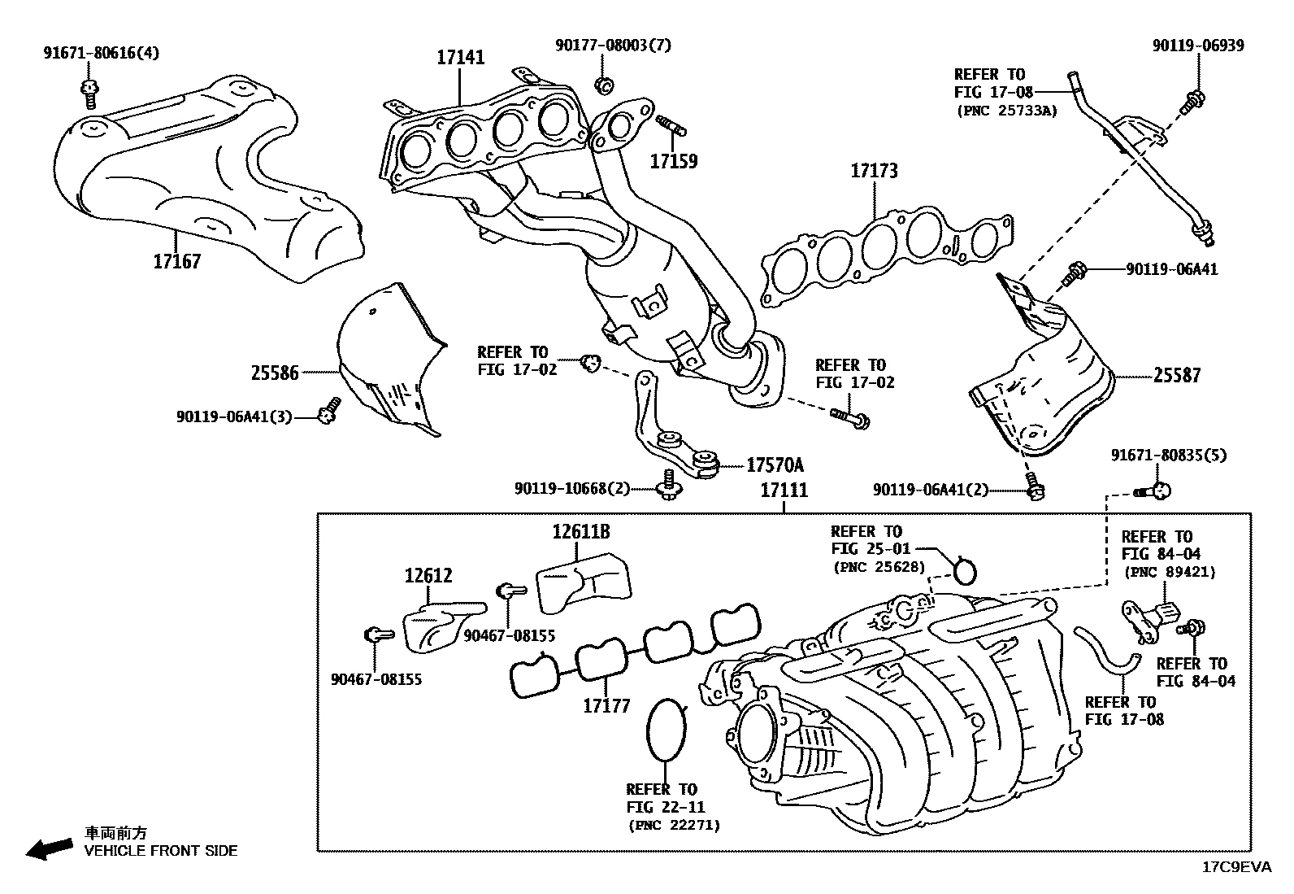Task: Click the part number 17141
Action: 460,58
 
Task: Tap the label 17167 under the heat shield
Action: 176,262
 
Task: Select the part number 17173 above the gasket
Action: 874,171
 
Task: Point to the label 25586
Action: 275,373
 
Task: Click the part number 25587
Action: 1176,376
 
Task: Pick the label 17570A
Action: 775,465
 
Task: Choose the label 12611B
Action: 581,532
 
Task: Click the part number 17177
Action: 606,705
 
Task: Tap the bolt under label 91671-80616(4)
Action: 89,93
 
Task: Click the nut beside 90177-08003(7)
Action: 602,84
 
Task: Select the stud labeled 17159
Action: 669,126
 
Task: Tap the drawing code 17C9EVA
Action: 1236,867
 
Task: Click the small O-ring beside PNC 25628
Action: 965,570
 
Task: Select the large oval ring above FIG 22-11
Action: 667,729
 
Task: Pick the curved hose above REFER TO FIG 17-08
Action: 1105,651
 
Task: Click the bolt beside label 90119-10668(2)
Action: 669,485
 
